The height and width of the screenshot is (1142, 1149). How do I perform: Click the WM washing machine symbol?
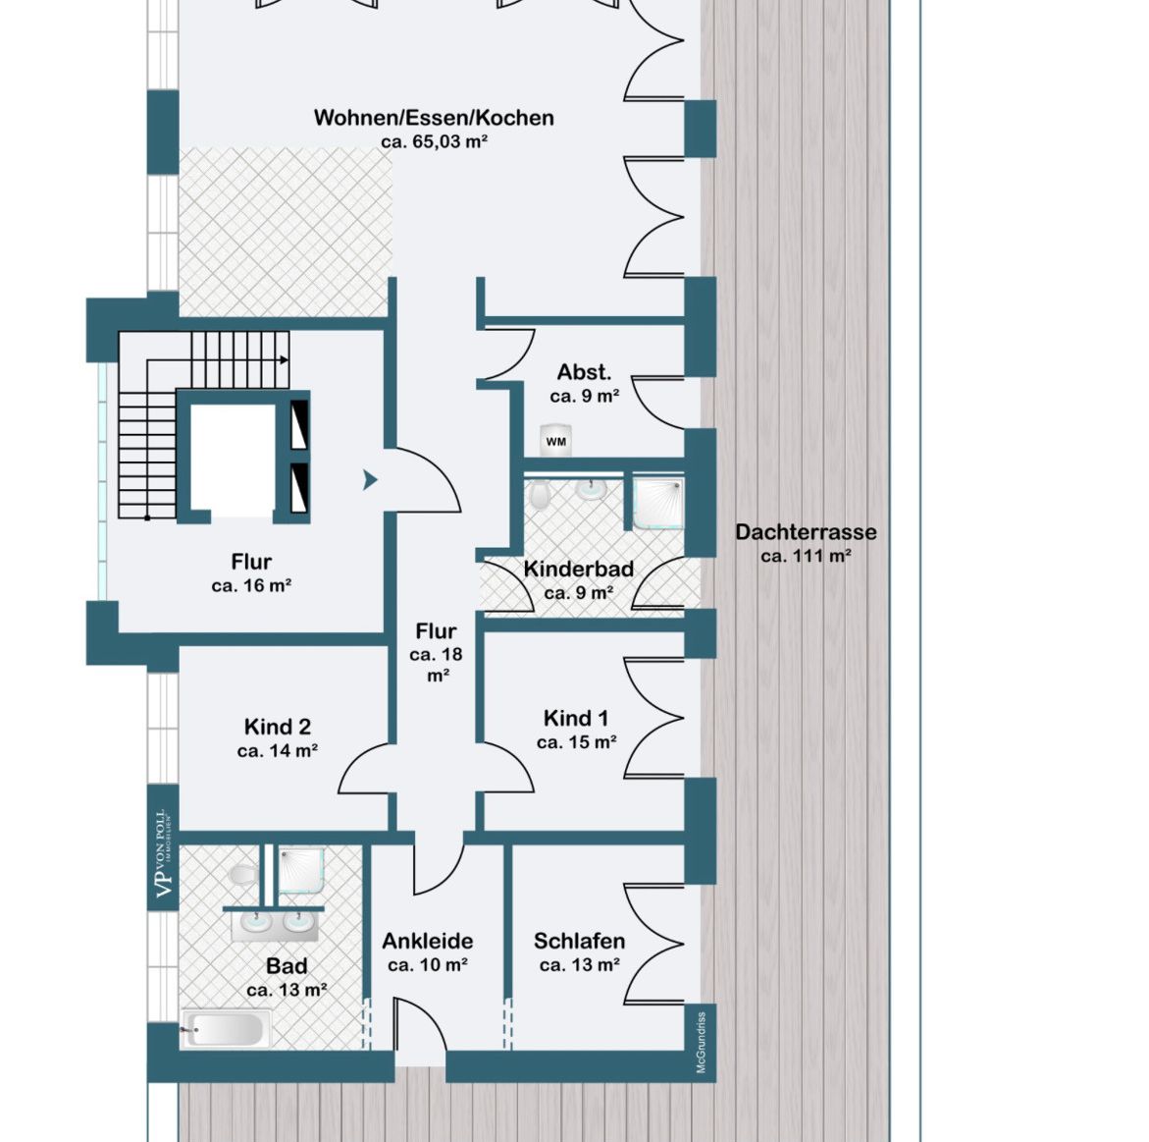(x=555, y=442)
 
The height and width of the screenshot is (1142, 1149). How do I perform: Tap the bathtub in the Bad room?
(x=225, y=1029)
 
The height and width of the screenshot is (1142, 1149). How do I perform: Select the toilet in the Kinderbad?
(x=540, y=495)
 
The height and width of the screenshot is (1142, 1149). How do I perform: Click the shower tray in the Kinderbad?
(x=658, y=503)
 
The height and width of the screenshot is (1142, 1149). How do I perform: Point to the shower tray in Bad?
(x=301, y=871)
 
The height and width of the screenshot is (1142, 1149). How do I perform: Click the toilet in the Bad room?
(x=241, y=874)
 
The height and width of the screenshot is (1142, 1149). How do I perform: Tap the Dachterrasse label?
(x=806, y=532)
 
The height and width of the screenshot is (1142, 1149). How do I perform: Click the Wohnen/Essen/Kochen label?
(x=434, y=118)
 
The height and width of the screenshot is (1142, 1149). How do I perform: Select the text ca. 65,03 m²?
(x=434, y=141)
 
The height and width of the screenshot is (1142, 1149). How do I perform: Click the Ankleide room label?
(x=427, y=941)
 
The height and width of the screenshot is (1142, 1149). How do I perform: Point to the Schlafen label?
(x=579, y=941)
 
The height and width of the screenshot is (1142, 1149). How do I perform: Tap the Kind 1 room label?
(x=576, y=718)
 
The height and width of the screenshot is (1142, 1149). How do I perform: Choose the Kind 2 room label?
(x=277, y=726)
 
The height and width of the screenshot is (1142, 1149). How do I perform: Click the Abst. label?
(x=584, y=372)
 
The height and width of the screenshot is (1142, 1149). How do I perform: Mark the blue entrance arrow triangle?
(x=370, y=480)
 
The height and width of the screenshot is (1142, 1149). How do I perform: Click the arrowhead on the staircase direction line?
(x=284, y=360)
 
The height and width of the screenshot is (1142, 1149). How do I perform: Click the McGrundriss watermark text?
(x=702, y=1042)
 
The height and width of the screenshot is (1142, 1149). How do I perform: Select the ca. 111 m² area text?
(x=806, y=556)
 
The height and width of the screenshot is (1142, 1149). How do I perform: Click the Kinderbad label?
(x=578, y=569)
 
